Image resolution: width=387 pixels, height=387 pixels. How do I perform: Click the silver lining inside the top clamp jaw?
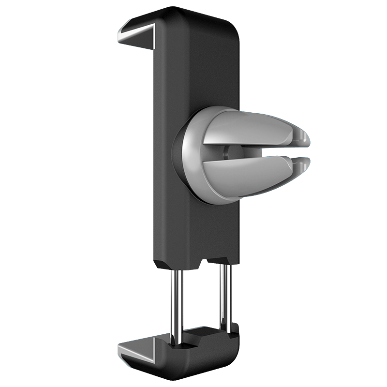[138, 35]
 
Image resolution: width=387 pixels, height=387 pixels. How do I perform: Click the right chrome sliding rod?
[223, 295]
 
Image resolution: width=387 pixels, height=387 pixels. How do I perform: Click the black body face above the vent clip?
[198, 68]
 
